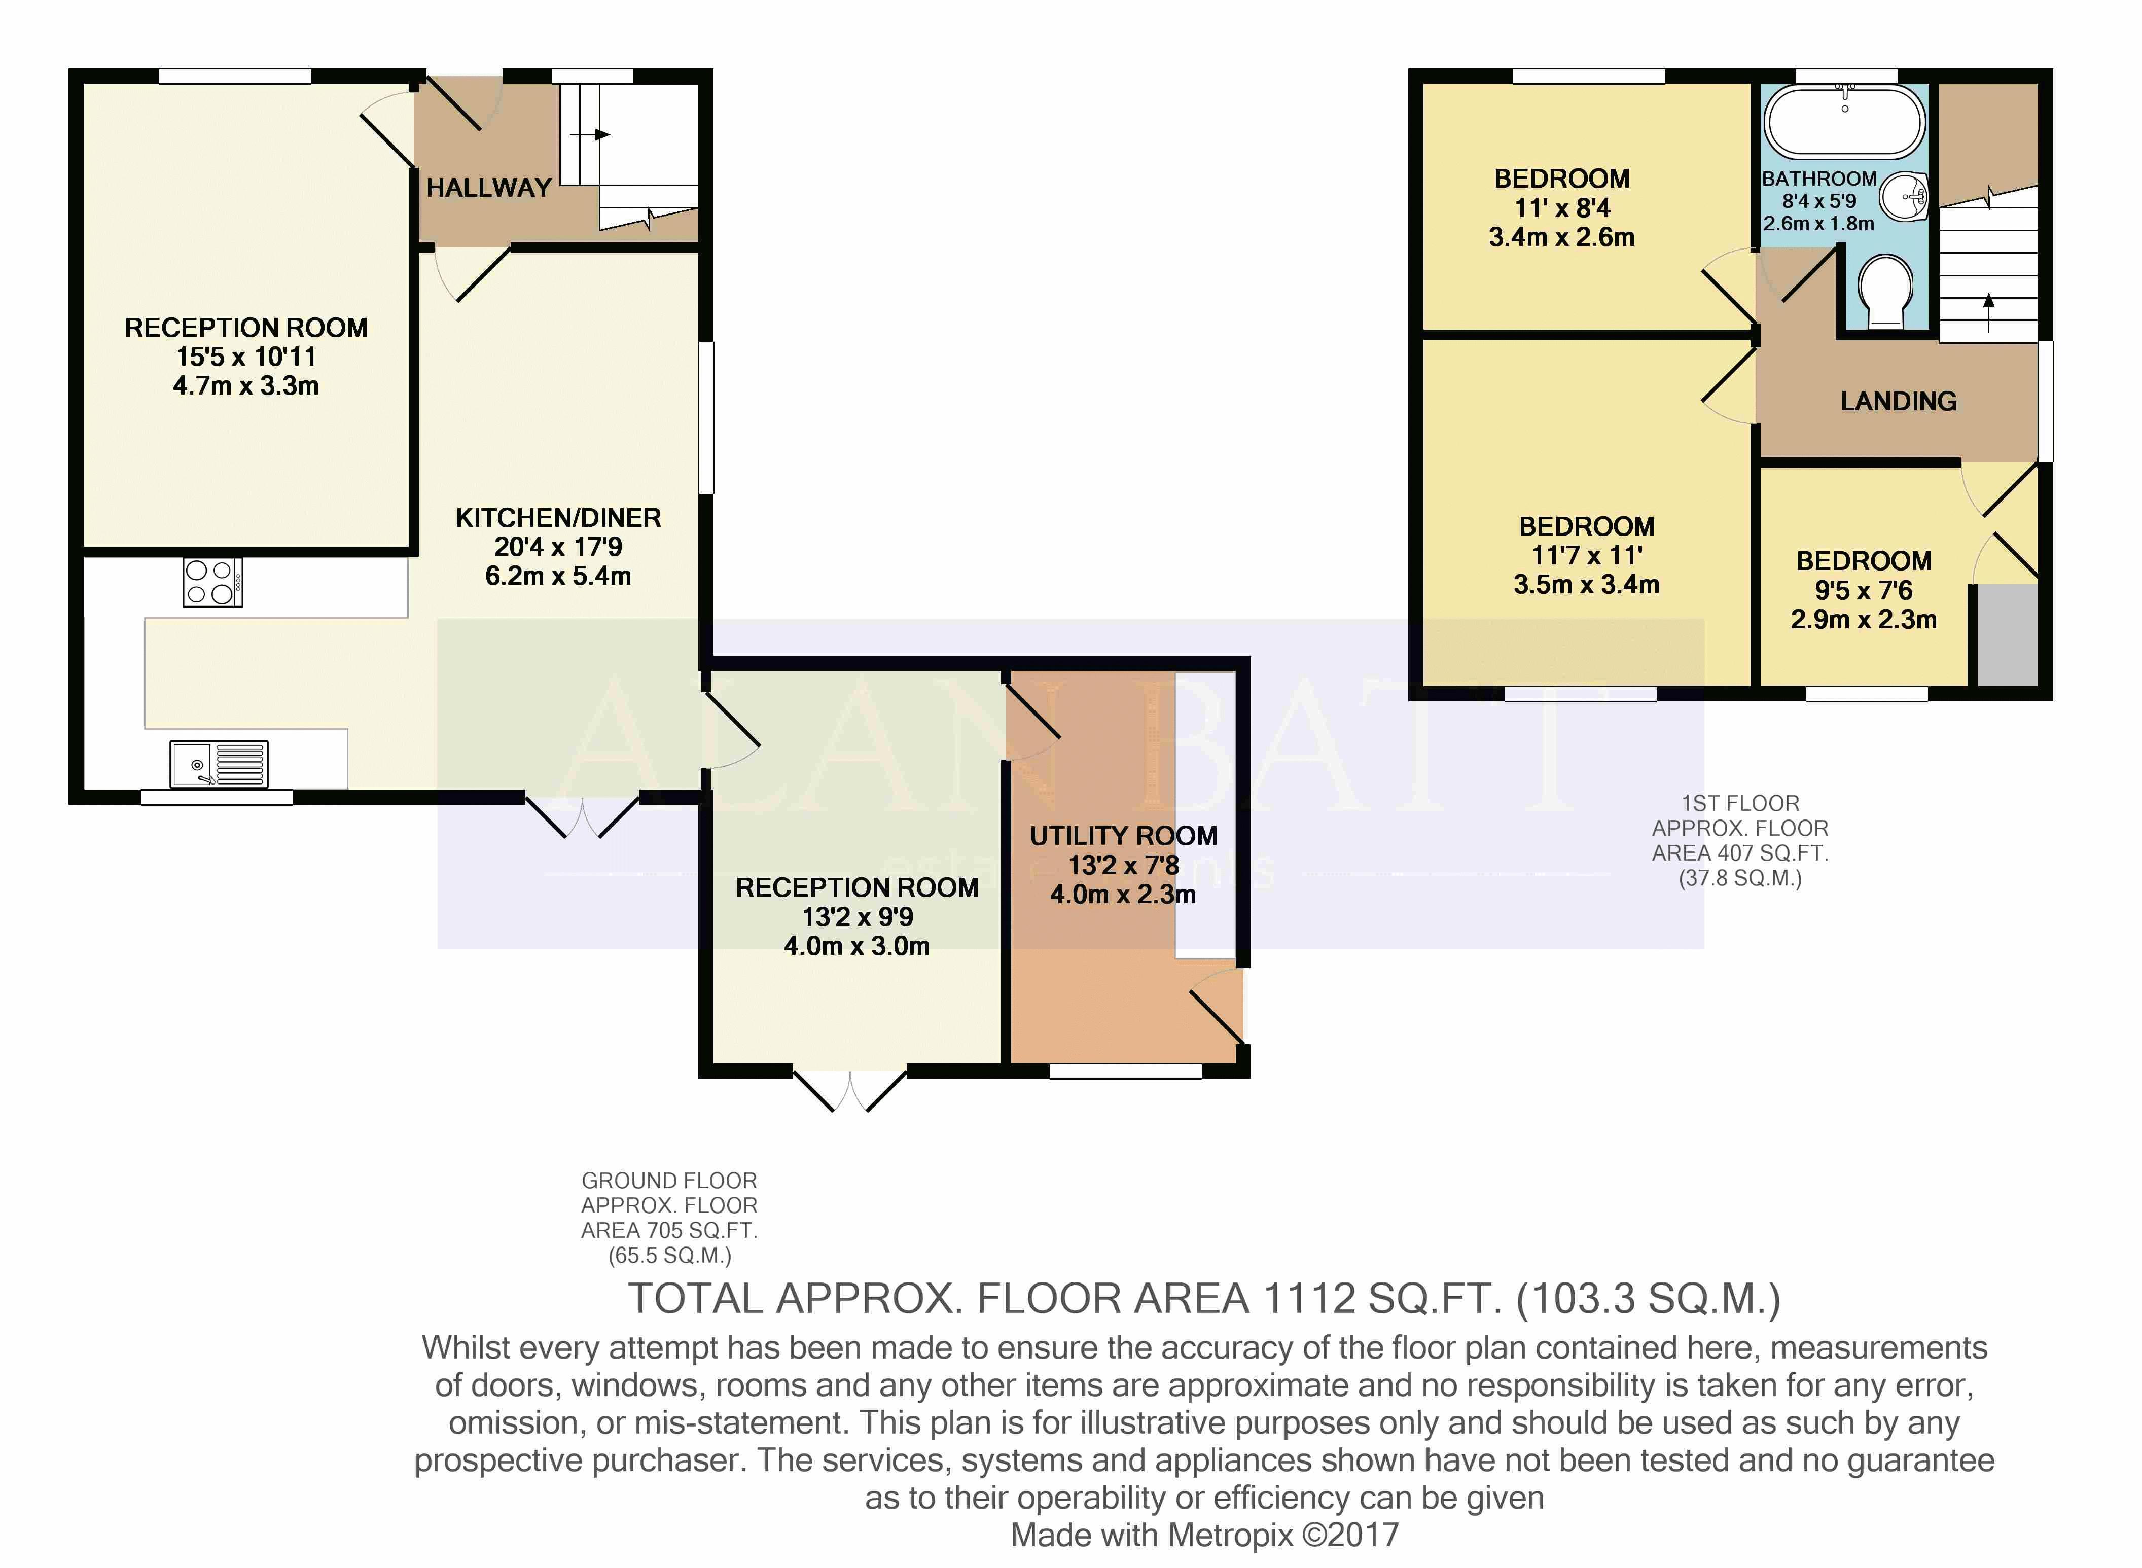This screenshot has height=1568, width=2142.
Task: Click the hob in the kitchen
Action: click(212, 582)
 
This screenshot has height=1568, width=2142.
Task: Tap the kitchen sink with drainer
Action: click(219, 764)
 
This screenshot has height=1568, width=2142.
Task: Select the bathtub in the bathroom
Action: click(1844, 122)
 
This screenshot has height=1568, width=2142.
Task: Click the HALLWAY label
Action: click(489, 188)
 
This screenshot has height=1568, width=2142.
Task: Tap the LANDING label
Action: click(1898, 402)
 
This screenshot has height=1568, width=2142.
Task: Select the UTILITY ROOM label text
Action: click(1124, 836)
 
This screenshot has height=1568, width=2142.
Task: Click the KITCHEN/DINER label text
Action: click(558, 518)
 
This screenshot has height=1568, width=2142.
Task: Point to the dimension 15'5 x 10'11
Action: click(246, 357)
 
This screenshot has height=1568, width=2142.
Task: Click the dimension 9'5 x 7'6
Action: click(1864, 590)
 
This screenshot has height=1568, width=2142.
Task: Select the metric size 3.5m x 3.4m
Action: click(1587, 585)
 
